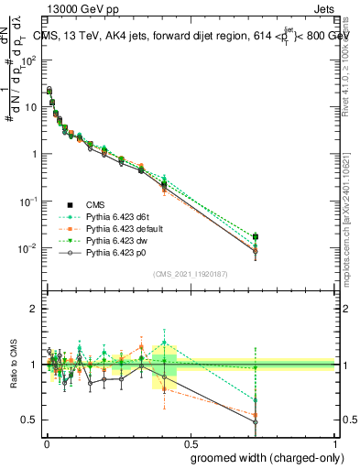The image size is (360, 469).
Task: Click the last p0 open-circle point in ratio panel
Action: pyautogui.click(x=307, y=422)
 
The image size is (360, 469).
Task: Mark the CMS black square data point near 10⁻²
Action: pyautogui.click(x=307, y=237)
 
